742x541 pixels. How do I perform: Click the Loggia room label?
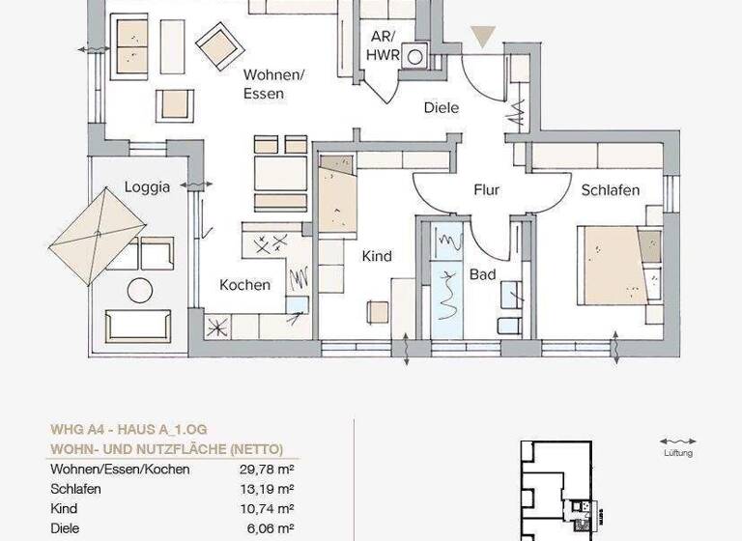148,186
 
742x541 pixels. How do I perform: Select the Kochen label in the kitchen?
244,285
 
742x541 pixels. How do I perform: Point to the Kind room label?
376,257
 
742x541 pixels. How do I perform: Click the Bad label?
483,275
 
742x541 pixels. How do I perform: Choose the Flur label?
487,190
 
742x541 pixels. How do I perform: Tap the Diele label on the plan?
441,108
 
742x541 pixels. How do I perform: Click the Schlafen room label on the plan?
610,190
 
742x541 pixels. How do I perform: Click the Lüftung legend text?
676,453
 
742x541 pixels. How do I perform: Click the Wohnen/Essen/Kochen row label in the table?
120,470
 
